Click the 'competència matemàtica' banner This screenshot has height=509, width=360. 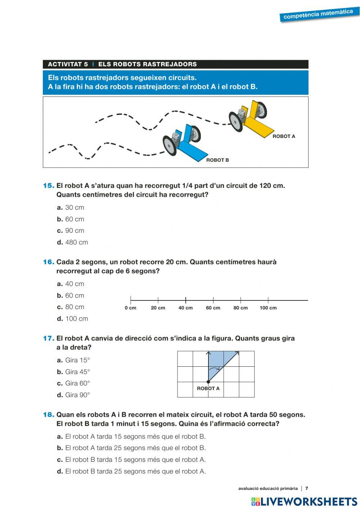318,14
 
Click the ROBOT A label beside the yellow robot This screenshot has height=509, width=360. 284,136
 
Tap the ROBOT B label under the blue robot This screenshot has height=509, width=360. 217,160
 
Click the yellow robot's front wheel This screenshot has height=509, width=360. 236,121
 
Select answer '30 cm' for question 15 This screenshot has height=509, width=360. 75,207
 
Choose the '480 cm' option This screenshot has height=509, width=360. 76,242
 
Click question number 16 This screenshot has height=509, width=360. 49,262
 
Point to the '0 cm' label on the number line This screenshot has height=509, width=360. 130,308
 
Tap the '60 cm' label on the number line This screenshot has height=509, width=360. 213,308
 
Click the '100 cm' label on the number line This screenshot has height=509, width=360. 268,308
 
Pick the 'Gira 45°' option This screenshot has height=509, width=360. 77,372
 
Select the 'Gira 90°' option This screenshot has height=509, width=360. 77,395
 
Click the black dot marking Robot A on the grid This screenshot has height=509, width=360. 208,382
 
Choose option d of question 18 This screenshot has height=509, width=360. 135,471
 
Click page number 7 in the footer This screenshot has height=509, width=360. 307,488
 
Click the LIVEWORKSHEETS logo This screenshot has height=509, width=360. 304,501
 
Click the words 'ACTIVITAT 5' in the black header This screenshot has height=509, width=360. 68,64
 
